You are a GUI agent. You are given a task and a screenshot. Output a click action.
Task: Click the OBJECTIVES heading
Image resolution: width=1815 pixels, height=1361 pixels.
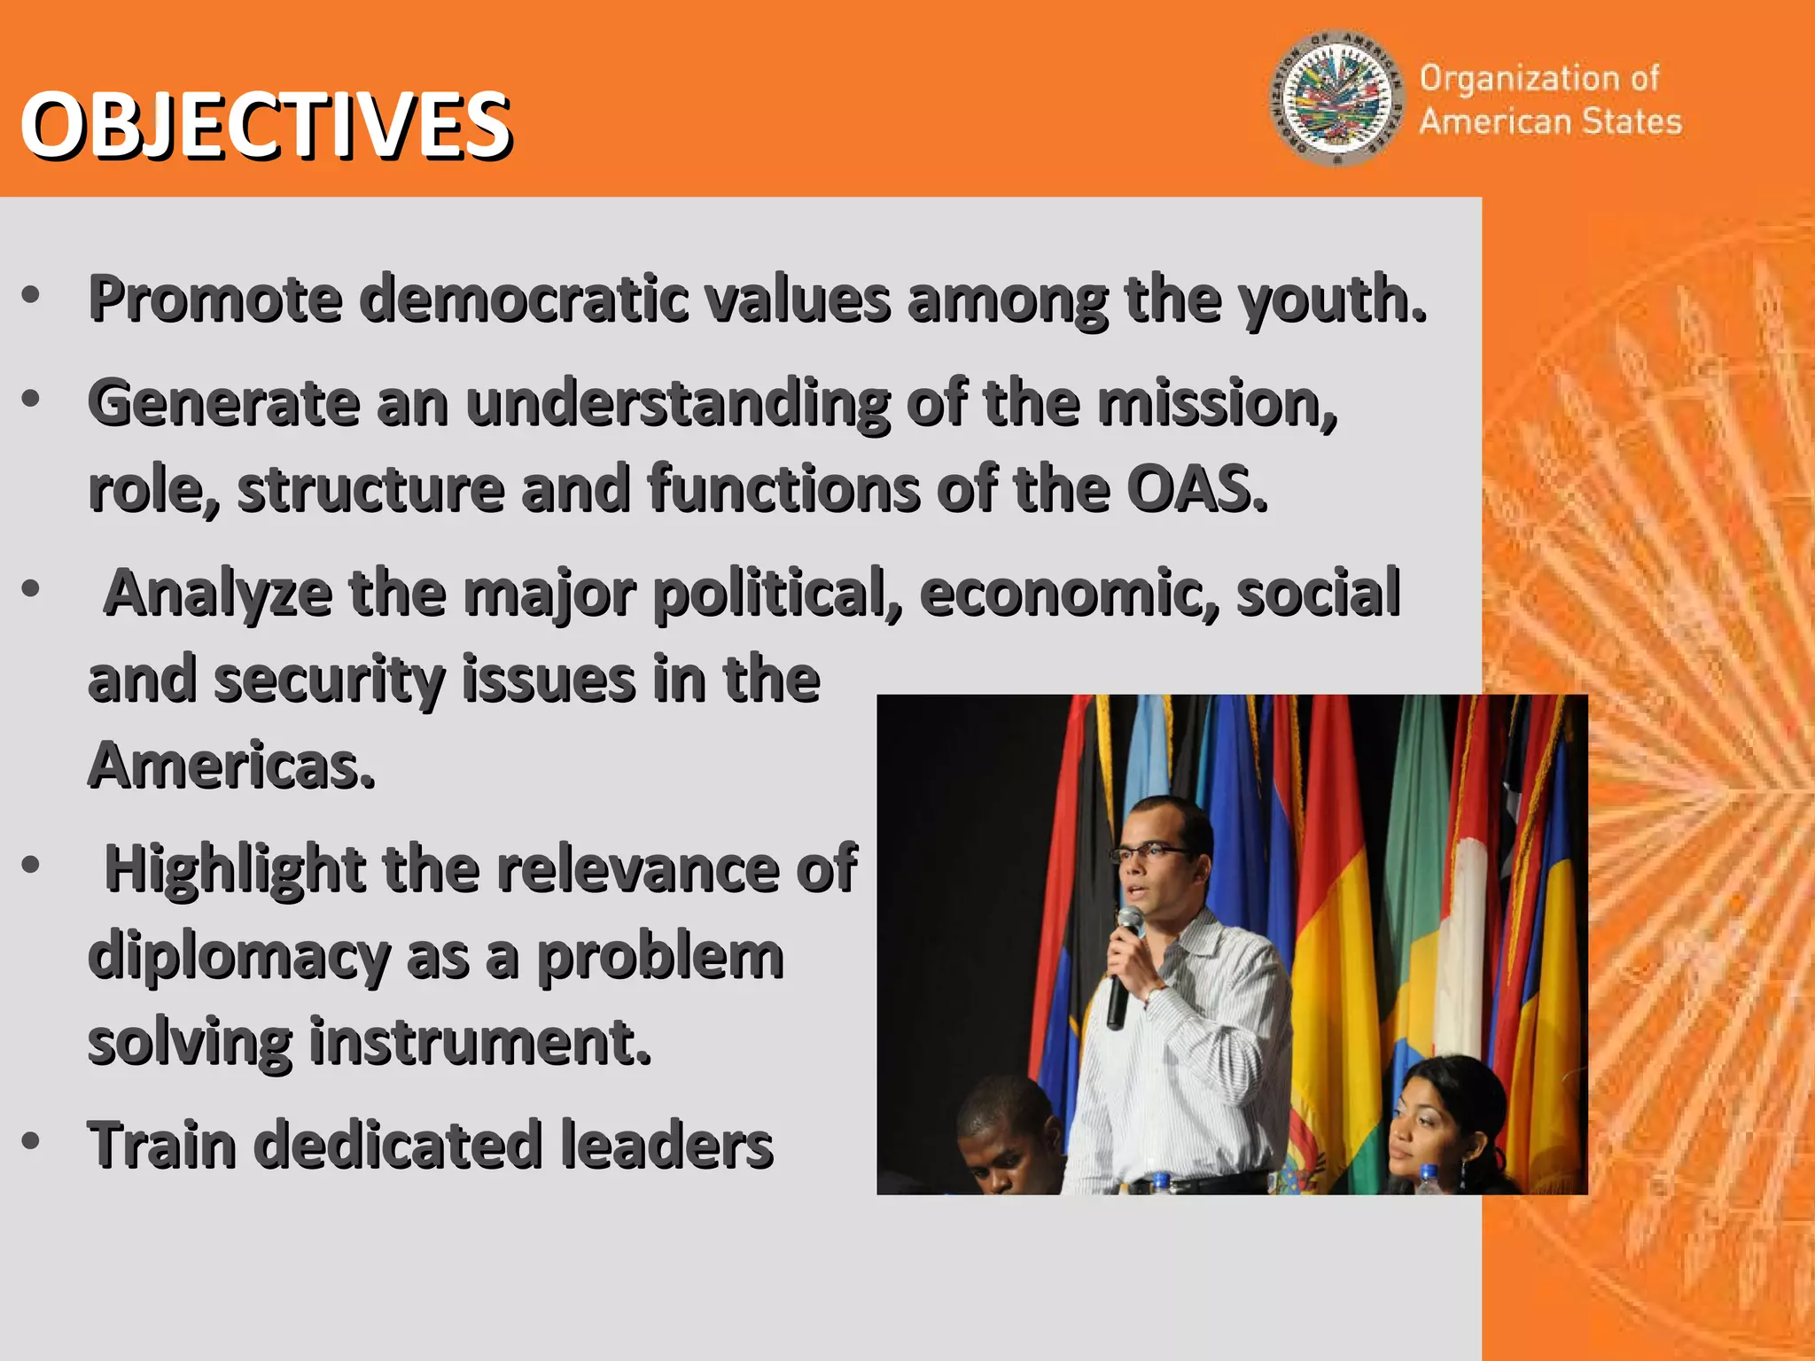pyautogui.click(x=265, y=126)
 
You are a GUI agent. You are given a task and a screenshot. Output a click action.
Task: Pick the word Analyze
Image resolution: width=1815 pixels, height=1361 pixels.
pyautogui.click(x=218, y=593)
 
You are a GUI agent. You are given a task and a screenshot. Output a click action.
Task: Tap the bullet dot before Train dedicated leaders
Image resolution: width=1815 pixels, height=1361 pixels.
pyautogui.click(x=31, y=1140)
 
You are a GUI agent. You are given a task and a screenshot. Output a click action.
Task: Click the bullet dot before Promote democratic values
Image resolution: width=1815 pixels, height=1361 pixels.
pyautogui.click(x=31, y=296)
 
